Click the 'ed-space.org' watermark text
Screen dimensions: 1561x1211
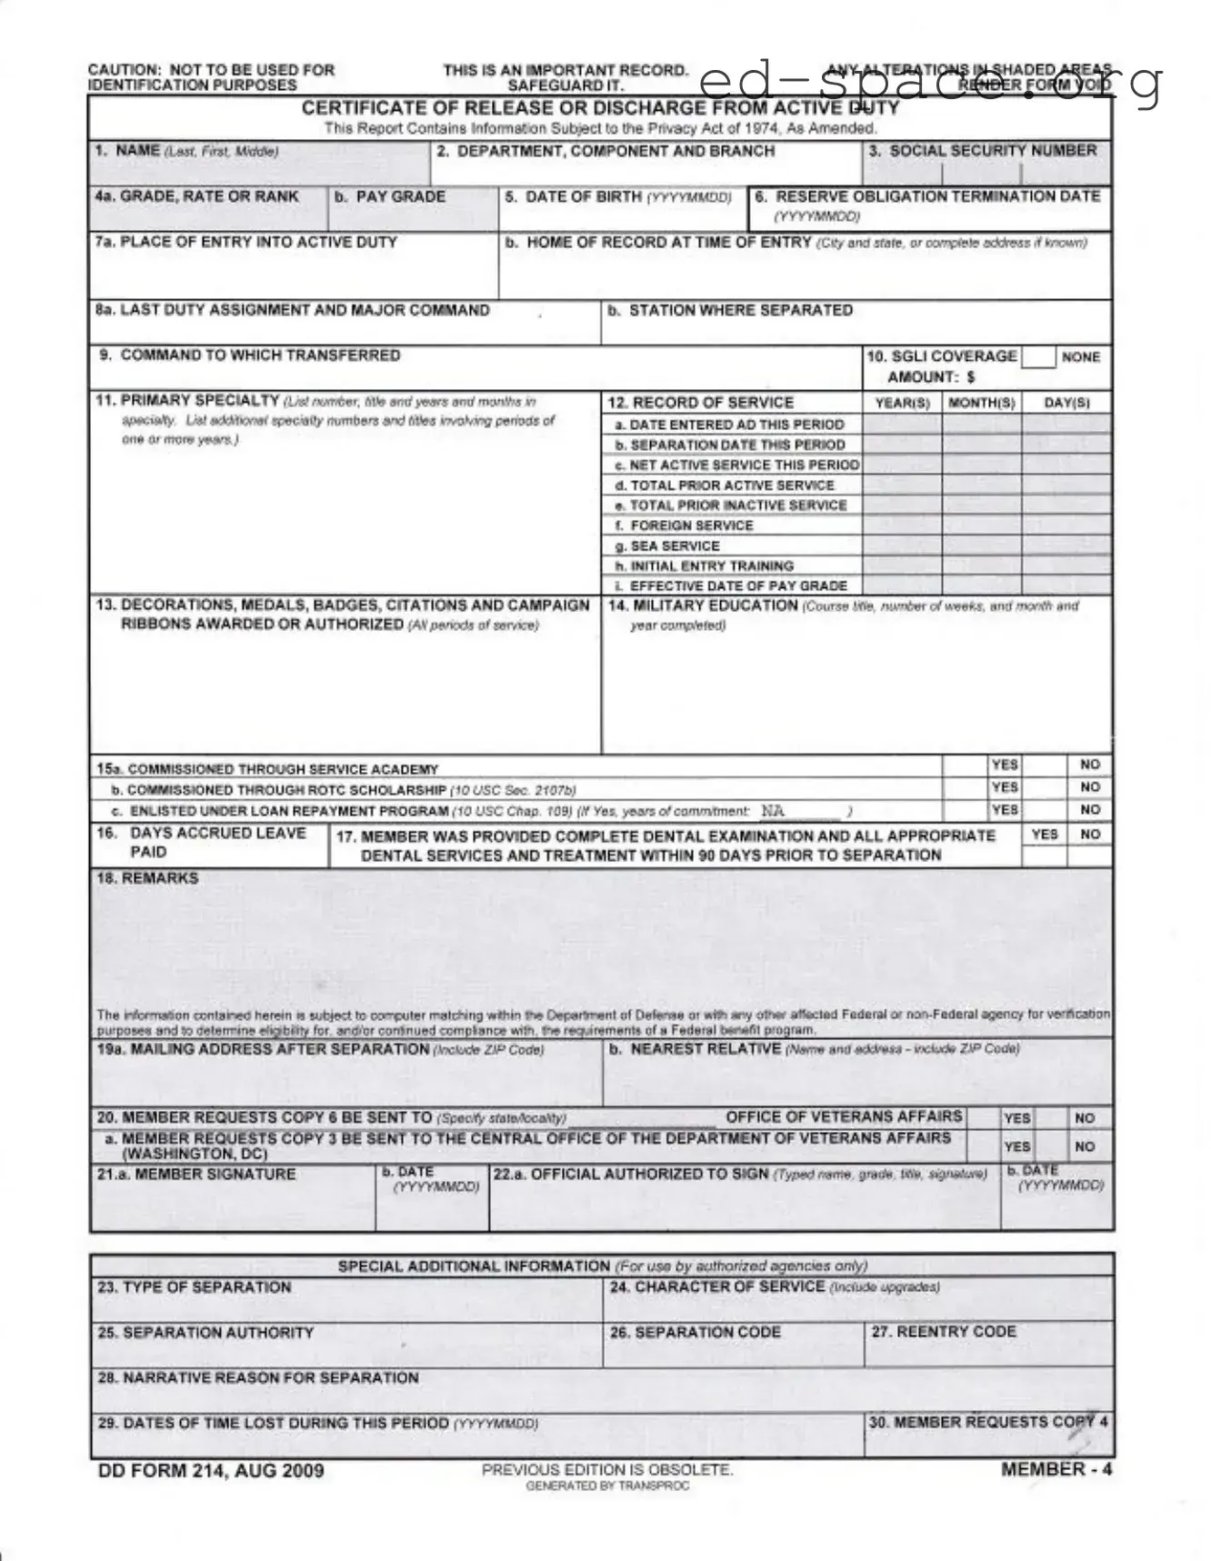(x=932, y=83)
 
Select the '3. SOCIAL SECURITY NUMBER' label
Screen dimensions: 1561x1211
(x=983, y=151)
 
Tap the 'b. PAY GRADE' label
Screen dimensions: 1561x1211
(x=390, y=196)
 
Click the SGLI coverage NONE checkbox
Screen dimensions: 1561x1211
(x=1037, y=357)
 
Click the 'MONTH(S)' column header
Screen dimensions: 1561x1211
(x=981, y=403)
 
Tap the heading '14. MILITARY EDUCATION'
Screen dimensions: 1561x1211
(x=703, y=605)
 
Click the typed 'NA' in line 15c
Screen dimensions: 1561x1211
(x=773, y=810)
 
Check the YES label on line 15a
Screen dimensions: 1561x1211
(x=1005, y=765)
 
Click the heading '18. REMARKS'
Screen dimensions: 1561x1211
(x=147, y=878)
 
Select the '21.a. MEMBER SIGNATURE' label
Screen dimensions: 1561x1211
(x=196, y=1175)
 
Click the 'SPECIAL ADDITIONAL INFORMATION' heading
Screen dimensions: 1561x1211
(x=474, y=1266)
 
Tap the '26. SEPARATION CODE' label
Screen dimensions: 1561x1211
(x=696, y=1332)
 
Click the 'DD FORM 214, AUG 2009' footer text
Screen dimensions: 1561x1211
(x=211, y=1470)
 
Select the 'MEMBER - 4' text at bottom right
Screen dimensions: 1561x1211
(x=1056, y=1469)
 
